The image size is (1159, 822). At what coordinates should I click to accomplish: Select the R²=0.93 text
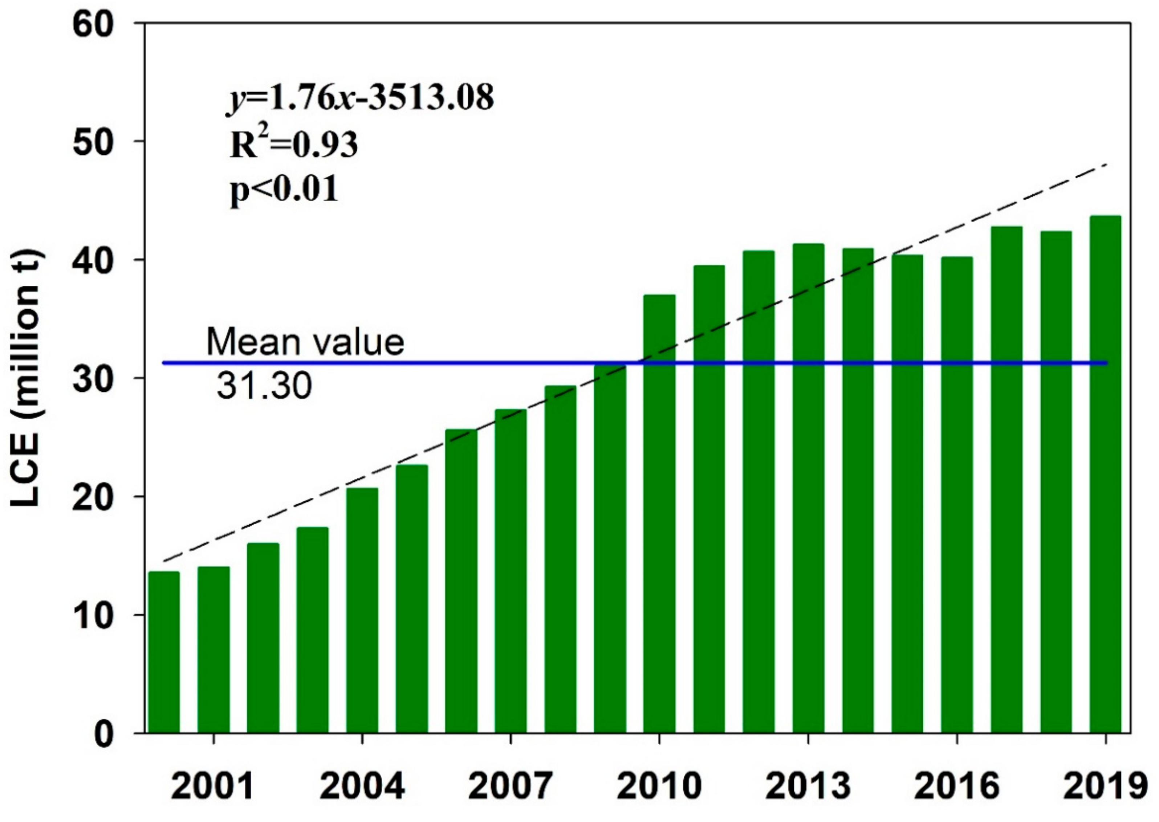point(293,145)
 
